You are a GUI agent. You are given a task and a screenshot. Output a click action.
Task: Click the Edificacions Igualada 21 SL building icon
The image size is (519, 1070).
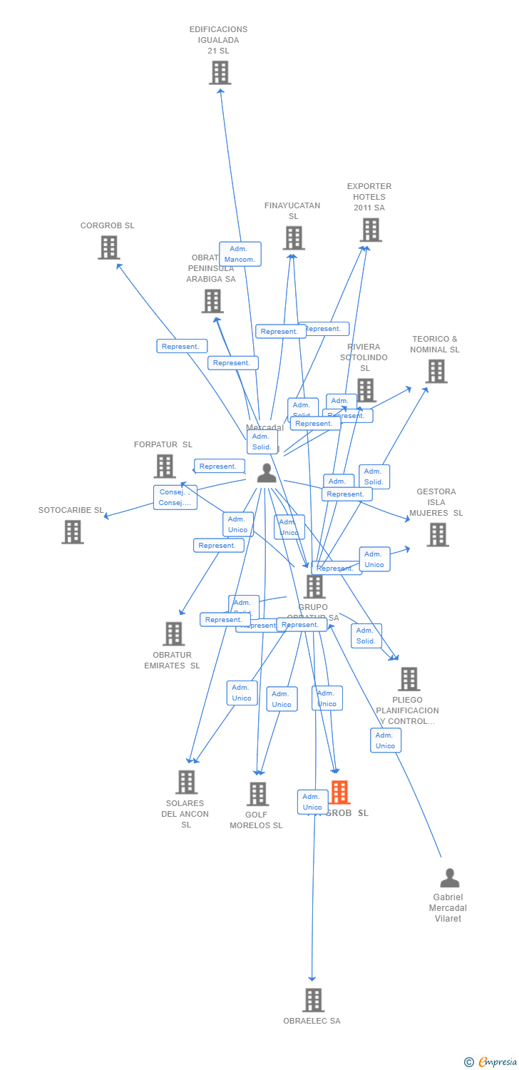coord(220,72)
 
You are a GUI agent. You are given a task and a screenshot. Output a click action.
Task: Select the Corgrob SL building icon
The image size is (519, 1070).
coord(108,248)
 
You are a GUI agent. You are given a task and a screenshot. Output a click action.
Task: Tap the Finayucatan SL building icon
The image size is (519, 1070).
coord(294,238)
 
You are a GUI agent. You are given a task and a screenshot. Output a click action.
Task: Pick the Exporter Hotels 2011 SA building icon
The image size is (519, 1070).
coord(371,230)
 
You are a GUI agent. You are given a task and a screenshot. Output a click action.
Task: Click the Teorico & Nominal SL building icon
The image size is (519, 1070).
coord(436,371)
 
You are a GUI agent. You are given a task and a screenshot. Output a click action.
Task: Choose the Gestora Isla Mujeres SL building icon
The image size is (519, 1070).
coord(438,534)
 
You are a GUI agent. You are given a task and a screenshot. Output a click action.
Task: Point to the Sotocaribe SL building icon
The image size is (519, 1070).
coord(72,531)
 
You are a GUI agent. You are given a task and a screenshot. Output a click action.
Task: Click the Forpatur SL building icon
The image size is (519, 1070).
coord(165,466)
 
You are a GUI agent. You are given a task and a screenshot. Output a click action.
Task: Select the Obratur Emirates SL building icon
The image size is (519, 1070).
coord(173,633)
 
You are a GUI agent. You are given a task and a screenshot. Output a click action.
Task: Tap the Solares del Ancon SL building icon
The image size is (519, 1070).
coord(186,782)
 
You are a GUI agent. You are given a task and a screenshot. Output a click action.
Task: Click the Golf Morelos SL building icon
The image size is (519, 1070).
coord(257,793)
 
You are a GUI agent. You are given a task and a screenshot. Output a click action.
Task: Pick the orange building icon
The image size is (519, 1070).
coord(340,792)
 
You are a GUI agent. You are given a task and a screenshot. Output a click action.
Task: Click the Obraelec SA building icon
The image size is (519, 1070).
coord(313,1000)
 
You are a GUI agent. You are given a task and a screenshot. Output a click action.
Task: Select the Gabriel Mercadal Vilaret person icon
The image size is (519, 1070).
coord(449,877)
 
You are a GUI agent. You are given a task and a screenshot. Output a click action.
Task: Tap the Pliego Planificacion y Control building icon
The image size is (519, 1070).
coord(408,679)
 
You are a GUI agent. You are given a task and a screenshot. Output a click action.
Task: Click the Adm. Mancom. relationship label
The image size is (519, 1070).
coord(240,254)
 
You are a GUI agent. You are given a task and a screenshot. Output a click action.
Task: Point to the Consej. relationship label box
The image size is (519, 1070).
coord(175,497)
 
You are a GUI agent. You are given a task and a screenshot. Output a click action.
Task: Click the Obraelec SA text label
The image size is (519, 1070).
coord(312,1021)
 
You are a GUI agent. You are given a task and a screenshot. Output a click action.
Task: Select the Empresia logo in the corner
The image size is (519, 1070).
coord(491,1062)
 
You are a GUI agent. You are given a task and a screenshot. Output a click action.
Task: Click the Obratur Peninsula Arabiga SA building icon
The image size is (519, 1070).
coord(212,301)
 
